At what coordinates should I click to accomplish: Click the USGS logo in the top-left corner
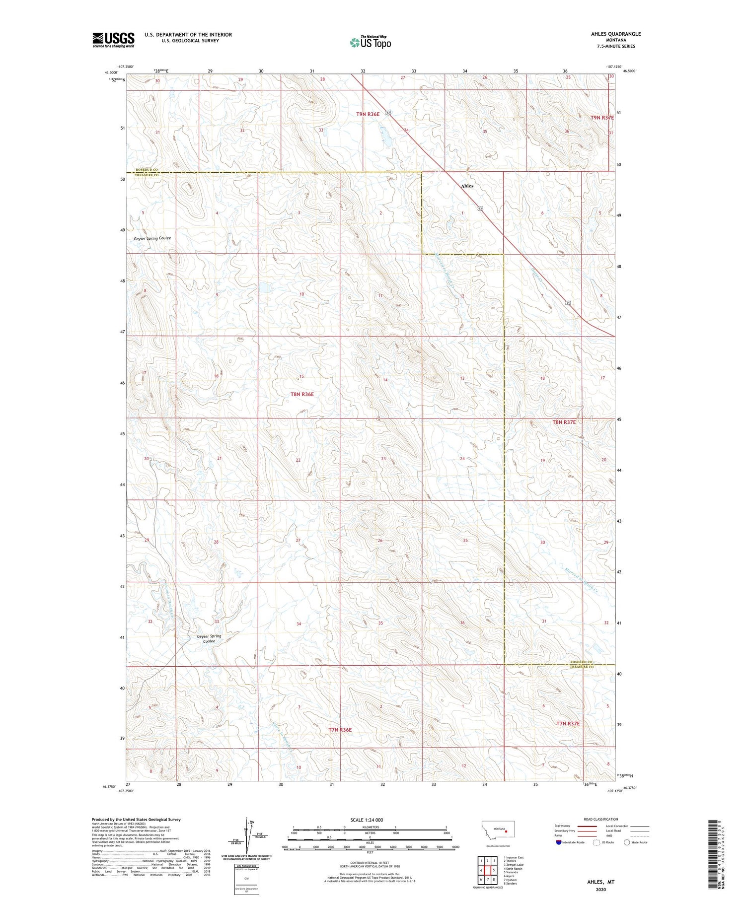click(x=113, y=40)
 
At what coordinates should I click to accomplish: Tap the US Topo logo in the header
click(x=371, y=43)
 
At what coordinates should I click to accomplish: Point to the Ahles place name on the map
click(x=467, y=186)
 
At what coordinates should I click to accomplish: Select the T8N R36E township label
click(x=302, y=394)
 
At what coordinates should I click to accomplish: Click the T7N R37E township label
click(x=568, y=724)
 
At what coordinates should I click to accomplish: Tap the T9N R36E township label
click(x=368, y=114)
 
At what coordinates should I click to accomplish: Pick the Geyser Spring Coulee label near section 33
click(x=209, y=638)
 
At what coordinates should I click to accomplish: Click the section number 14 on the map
click(x=385, y=380)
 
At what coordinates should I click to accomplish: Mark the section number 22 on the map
click(x=298, y=460)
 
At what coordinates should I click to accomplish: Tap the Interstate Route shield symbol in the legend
click(x=559, y=842)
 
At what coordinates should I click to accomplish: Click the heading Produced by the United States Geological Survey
click(x=136, y=820)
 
